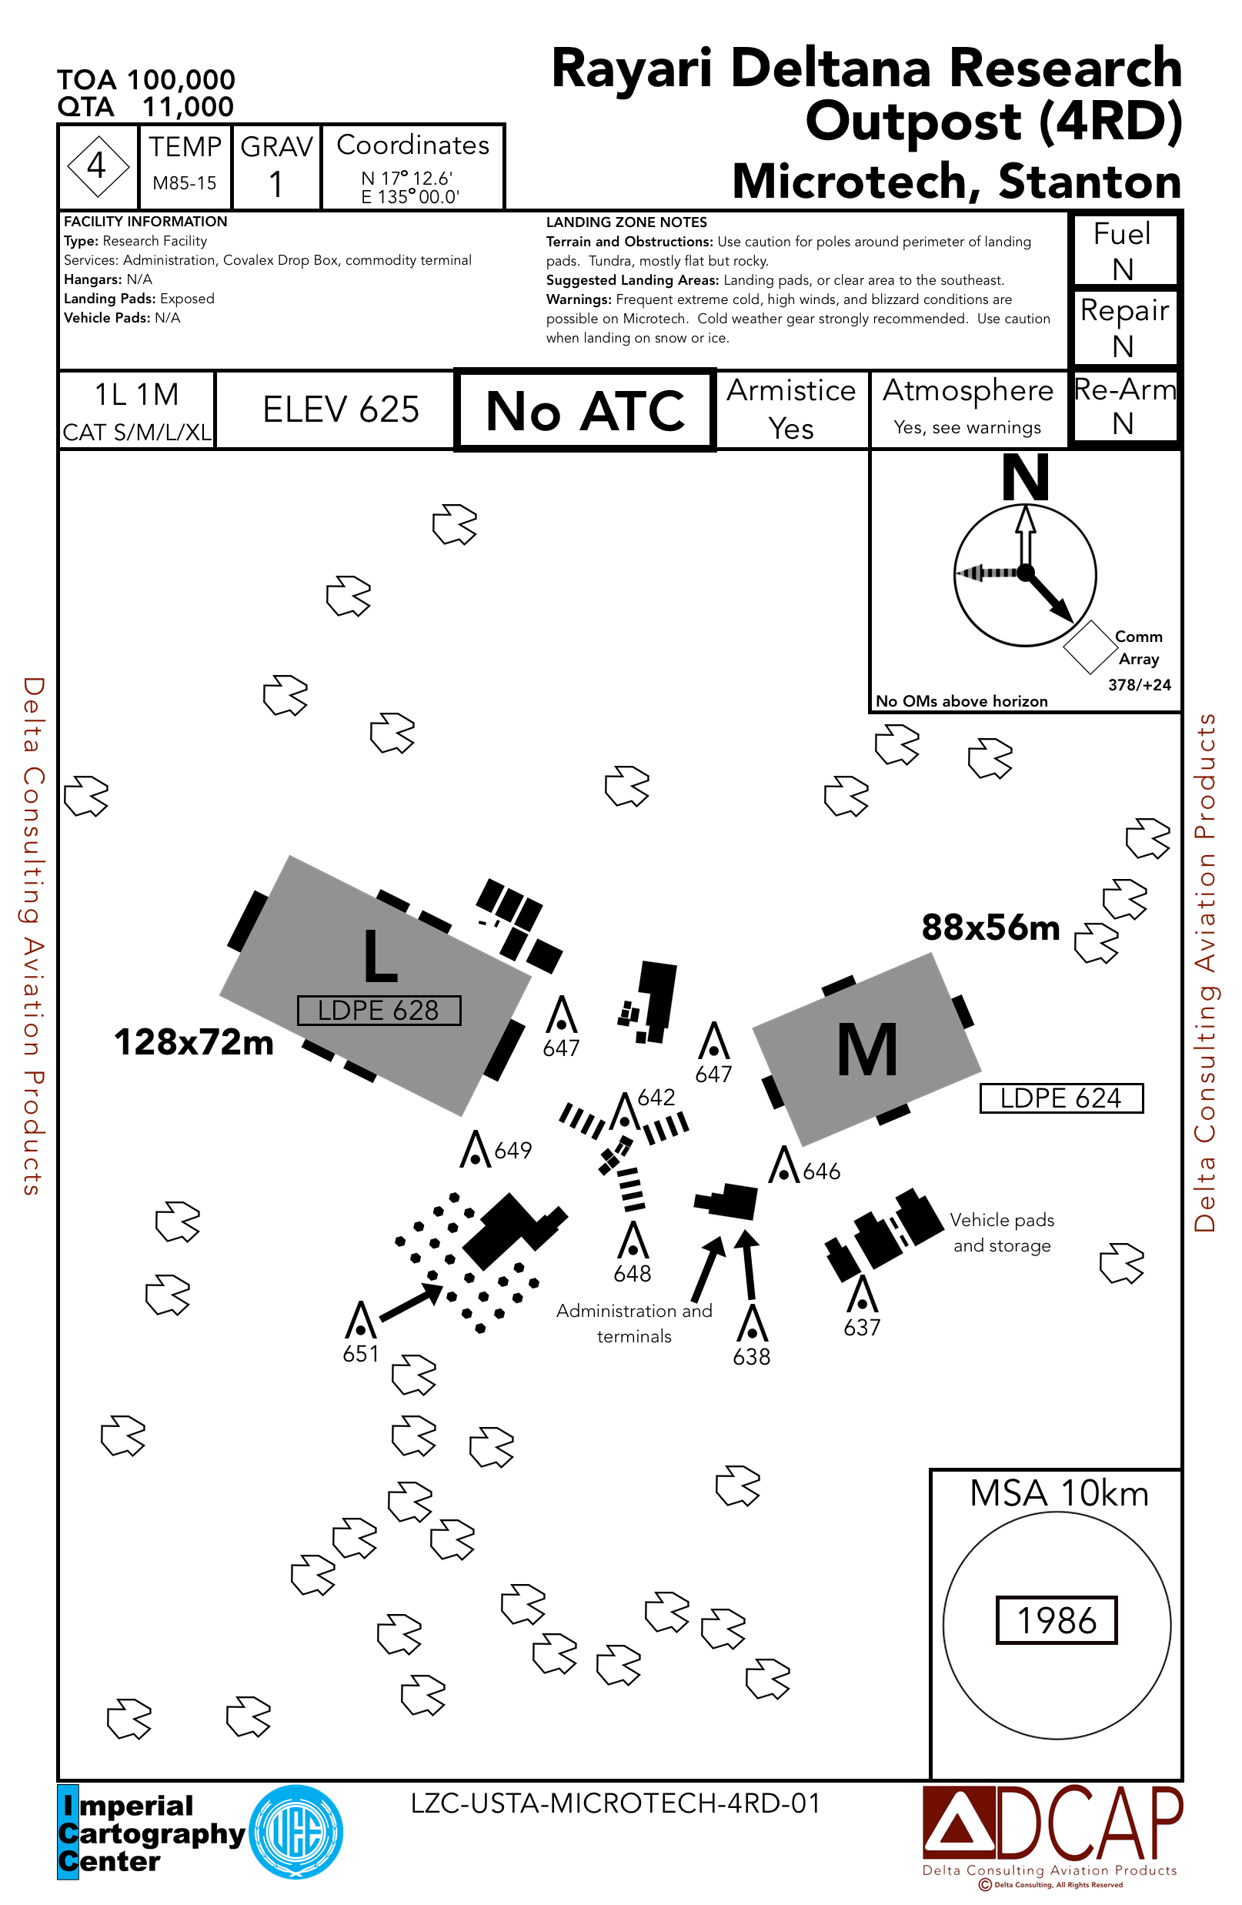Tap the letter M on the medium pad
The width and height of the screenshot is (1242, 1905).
pos(866,1050)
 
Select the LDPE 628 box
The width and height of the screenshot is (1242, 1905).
pos(379,1010)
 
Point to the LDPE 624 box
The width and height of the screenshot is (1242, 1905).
pos(1061,1098)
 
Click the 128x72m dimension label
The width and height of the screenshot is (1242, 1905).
pos(194,1042)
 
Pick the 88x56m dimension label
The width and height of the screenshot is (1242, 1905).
pos(990,927)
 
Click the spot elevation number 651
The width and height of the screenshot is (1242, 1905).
pos(361,1353)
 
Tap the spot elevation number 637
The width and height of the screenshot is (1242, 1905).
pos(862,1327)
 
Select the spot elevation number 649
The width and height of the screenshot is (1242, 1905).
pos(513,1150)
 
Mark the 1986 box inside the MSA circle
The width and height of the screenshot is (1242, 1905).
pos(1057,1620)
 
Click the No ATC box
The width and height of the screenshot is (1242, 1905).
pos(585,410)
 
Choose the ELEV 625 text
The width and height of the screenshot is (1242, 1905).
pos(341,409)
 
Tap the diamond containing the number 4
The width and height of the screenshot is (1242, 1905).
pos(97,166)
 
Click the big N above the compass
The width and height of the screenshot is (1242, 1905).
pos(1026,478)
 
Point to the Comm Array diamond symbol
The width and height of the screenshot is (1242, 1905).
pos(1089,647)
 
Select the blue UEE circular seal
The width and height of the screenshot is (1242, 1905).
pos(296,1832)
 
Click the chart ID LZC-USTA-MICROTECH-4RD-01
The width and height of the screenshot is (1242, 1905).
pos(616,1803)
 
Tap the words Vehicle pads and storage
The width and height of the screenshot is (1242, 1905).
pos(1002,1232)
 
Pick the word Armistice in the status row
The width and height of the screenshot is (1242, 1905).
pos(790,390)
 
